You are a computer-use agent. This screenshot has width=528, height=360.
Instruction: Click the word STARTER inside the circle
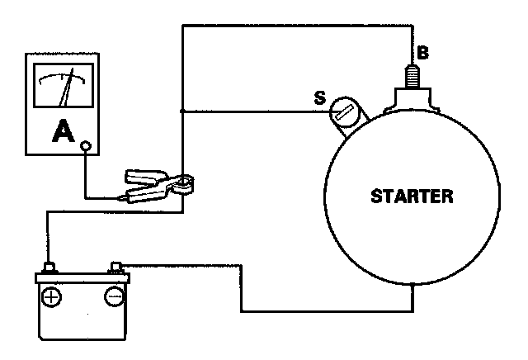[412, 197]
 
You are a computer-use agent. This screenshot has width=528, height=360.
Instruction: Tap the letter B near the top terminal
[422, 53]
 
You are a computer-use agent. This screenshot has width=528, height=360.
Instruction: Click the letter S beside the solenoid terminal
[319, 97]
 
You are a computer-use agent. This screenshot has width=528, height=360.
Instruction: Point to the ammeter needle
[64, 91]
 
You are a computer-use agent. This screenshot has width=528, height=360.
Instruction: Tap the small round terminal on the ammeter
[85, 147]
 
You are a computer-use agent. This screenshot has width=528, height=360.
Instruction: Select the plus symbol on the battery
[51, 296]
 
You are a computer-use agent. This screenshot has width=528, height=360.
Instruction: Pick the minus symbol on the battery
[113, 296]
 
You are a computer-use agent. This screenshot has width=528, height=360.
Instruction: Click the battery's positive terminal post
[49, 268]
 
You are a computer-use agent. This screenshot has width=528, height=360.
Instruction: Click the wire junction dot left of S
[182, 111]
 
